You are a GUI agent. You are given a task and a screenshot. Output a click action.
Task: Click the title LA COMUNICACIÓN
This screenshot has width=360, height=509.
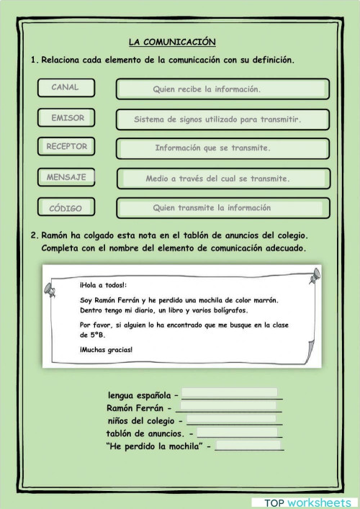pyautogui.click(x=172, y=42)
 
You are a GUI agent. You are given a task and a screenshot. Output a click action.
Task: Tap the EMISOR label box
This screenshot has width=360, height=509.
pyautogui.click(x=67, y=118)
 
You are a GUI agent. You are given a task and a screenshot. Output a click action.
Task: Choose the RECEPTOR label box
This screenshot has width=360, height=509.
pyautogui.click(x=67, y=147)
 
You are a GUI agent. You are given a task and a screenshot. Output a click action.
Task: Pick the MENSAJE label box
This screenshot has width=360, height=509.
pyautogui.click(x=67, y=177)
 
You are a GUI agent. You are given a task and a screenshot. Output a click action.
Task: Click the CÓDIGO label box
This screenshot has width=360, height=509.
pyautogui.click(x=67, y=208)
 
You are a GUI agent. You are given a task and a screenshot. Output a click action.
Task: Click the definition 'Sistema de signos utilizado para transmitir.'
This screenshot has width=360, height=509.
pyautogui.click(x=222, y=120)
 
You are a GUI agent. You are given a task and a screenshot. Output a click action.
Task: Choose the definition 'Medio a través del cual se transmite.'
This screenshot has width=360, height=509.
pyautogui.click(x=222, y=179)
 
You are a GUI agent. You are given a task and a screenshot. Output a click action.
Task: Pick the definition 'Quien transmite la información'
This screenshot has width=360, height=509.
pyautogui.click(x=222, y=208)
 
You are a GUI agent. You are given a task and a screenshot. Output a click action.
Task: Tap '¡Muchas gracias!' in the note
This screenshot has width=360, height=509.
pyautogui.click(x=107, y=350)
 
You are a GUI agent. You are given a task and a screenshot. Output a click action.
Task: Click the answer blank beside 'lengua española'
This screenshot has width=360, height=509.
pyautogui.click(x=232, y=395)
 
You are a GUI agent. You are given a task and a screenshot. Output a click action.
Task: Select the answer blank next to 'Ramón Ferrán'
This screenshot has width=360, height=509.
pyautogui.click(x=233, y=407)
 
